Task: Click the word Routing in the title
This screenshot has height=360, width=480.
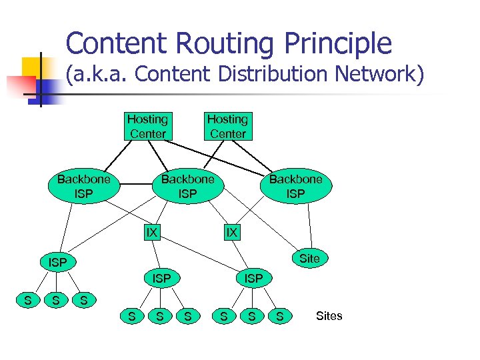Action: pos(225,43)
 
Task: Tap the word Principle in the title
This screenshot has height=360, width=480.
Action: pos(338,43)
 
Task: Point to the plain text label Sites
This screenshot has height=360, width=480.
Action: pos(329,315)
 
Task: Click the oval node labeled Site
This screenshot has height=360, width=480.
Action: pos(310,259)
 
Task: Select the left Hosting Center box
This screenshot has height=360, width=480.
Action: pos(148,127)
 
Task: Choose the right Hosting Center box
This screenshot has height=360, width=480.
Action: pos(229,127)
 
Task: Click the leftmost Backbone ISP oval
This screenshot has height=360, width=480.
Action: pos(84,186)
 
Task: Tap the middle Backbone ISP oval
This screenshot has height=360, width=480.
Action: pos(188,186)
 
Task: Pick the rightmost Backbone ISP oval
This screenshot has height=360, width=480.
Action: pos(296,186)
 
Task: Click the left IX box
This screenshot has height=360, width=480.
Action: pos(152,233)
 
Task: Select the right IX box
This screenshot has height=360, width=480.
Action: pos(232,233)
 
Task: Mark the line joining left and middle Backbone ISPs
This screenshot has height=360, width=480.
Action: pos(136,184)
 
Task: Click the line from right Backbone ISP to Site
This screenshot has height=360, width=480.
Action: pos(310,226)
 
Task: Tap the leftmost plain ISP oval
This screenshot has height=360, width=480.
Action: pos(58,262)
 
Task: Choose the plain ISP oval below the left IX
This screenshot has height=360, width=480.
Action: pos(162,278)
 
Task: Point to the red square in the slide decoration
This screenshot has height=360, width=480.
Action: pos(21,86)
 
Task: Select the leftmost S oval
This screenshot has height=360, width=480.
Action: pos(28,300)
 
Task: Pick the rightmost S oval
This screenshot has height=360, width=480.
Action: pos(280,316)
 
